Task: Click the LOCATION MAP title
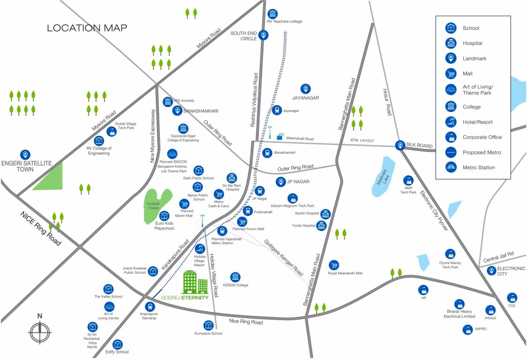coord(87,28)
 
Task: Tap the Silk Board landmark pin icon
coord(400,145)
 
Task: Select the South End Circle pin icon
coord(264,35)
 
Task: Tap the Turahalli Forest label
coord(153,206)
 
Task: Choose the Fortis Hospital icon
coord(321,225)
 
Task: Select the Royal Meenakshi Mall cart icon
coord(334,265)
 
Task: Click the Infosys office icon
coord(490,310)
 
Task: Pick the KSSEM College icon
coord(235,277)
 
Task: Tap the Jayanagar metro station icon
coord(277,110)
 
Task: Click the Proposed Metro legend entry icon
coord(451,152)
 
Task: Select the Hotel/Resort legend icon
coord(451,122)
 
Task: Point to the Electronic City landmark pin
coord(491,270)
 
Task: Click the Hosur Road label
coord(387,102)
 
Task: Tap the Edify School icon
coord(117,345)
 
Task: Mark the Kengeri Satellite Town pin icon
coord(25,154)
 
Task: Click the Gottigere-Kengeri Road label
coord(284,257)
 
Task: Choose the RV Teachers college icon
coord(272,14)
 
